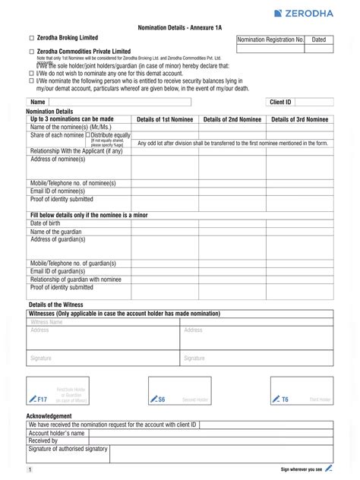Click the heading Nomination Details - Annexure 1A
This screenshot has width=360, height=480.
point(180,26)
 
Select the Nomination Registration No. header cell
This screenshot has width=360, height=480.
point(270,39)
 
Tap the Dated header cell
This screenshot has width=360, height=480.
point(319,39)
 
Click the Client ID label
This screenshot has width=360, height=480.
point(281,101)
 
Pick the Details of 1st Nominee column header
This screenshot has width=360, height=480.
point(165,119)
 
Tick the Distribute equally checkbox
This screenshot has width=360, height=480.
point(88,135)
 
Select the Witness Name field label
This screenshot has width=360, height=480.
point(45,321)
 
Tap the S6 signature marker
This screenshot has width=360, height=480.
point(157,399)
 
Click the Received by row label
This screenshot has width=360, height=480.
point(43,440)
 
